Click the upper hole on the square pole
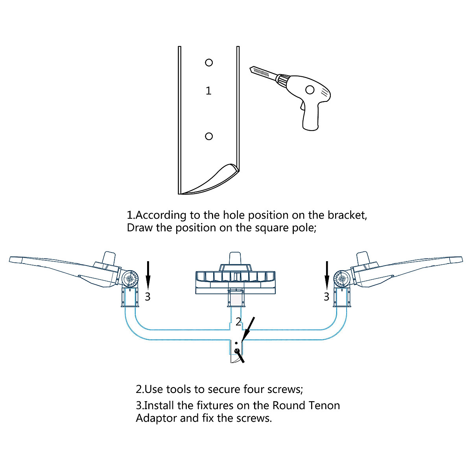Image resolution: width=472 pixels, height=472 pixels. (209, 63)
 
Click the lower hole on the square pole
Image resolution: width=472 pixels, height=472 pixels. (209, 136)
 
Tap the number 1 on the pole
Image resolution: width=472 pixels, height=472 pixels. (208, 91)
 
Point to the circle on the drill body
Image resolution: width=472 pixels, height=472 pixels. (310, 90)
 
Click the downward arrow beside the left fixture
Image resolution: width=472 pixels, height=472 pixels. (148, 275)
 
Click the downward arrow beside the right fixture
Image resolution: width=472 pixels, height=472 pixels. (326, 275)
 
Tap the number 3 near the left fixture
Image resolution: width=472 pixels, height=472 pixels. (147, 296)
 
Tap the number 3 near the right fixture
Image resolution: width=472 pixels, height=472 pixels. (326, 296)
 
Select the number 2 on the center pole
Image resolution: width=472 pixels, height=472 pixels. (238, 322)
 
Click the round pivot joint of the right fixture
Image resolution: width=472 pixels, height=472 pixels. (341, 279)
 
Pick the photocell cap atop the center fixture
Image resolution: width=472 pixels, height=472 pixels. (236, 258)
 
